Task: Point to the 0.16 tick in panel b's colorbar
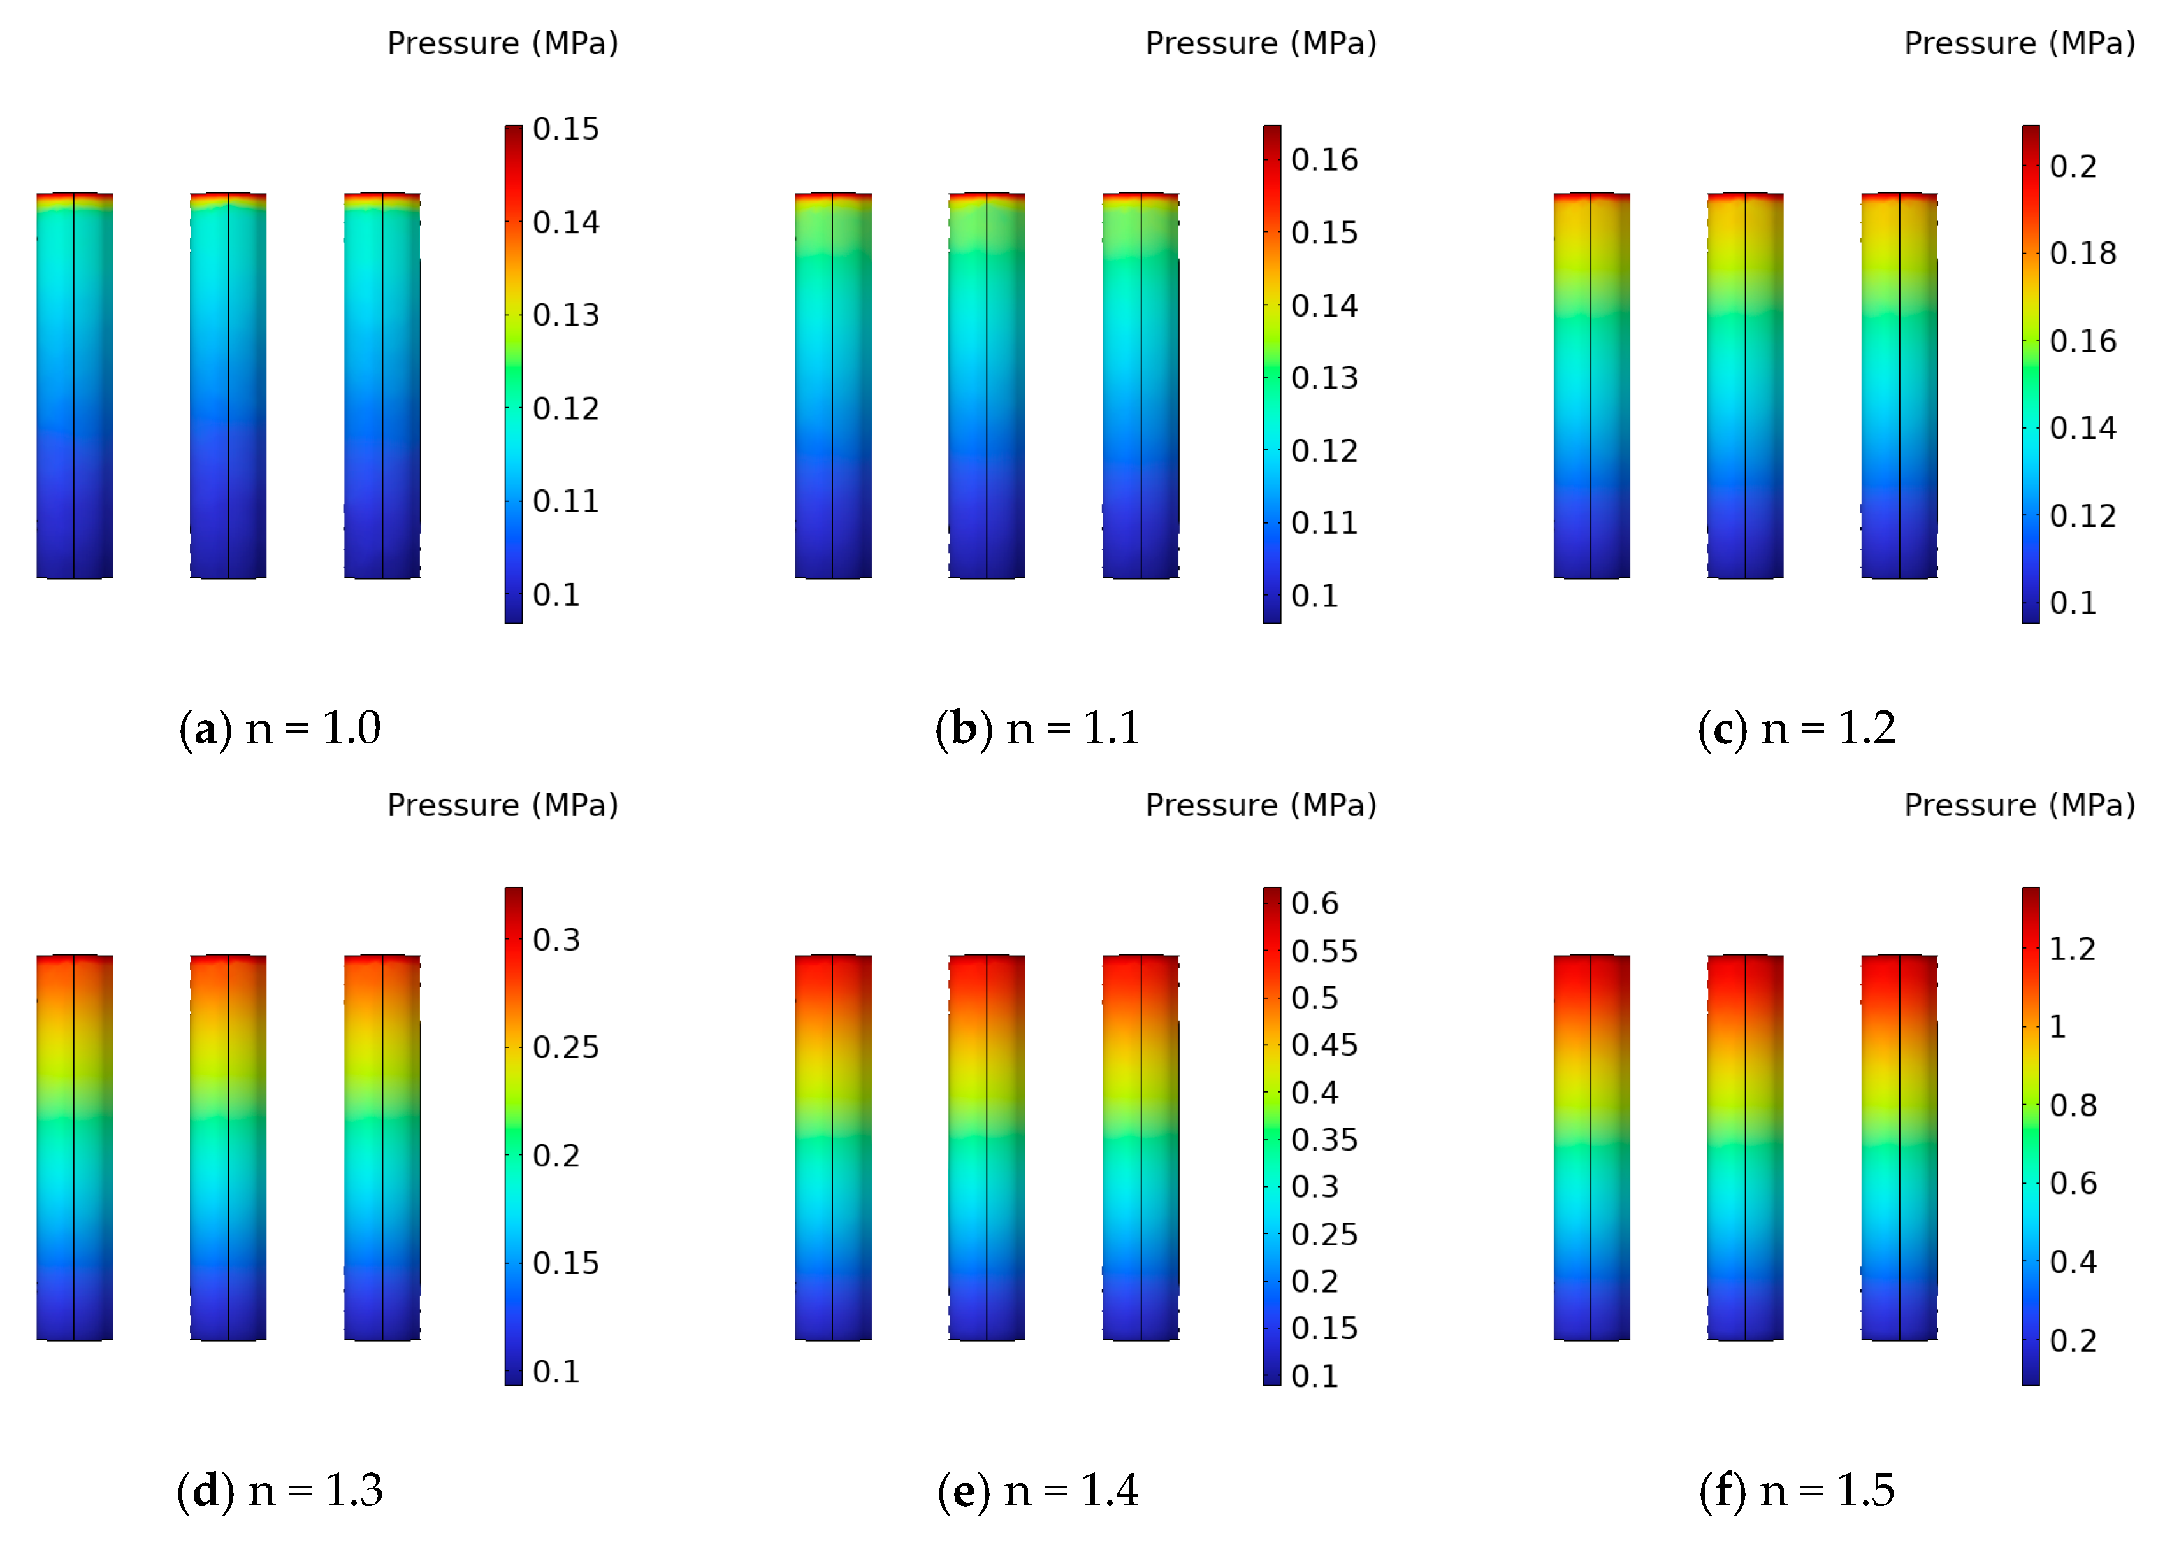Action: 1324,160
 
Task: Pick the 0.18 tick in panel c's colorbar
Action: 2082,254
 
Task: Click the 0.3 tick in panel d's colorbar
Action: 556,940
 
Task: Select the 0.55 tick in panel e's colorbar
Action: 1324,951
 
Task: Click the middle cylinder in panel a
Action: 228,386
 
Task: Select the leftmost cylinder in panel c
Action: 1591,386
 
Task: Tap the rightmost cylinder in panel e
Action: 1140,1148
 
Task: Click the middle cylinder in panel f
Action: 1744,1148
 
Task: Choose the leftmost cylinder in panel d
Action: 74,1148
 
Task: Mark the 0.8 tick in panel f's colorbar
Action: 2071,1105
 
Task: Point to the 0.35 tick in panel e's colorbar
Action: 1324,1139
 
